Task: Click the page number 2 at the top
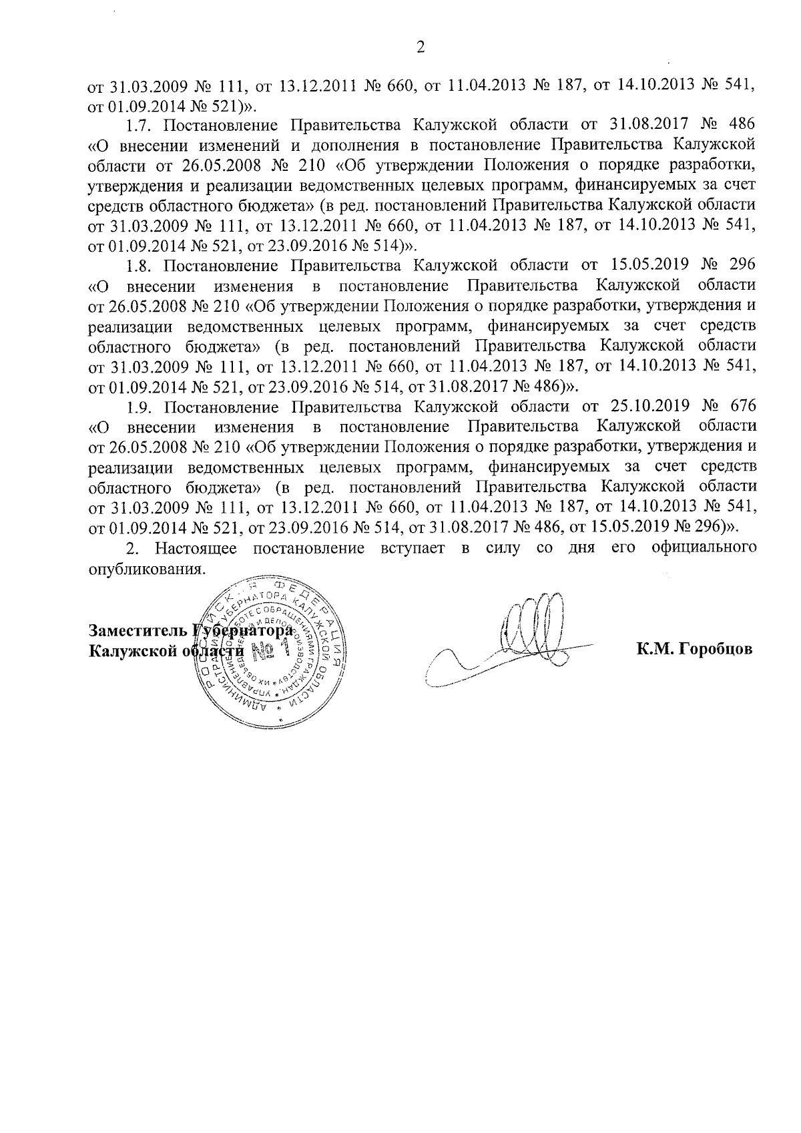420,47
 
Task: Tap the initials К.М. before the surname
655,649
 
